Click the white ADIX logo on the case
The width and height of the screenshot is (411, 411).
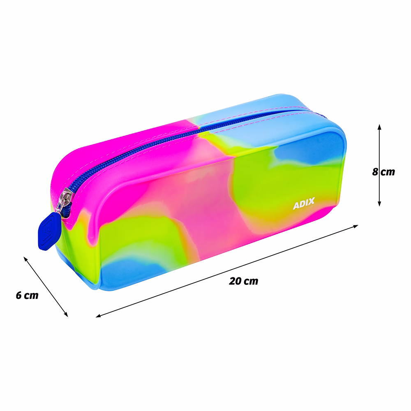(x=304, y=203)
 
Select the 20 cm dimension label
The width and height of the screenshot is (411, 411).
(x=243, y=281)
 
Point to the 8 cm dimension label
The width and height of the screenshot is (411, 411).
(x=383, y=172)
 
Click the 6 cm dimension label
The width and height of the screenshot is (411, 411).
(x=27, y=295)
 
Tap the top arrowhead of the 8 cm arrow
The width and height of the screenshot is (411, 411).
(x=379, y=127)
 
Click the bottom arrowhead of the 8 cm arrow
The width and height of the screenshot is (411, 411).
(x=379, y=203)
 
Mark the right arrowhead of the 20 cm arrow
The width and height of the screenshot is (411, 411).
(x=356, y=226)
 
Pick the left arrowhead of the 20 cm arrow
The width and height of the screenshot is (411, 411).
(x=98, y=316)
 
